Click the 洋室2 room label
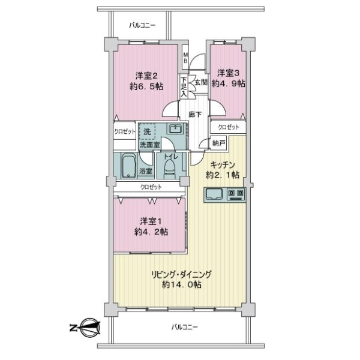coord(146,76)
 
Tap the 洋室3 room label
coord(228,73)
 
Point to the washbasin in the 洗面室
coord(175,130)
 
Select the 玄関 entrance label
coord(199,82)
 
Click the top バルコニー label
coord(142,25)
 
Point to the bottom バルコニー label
coord(184,327)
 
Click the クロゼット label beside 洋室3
coord(228,127)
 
